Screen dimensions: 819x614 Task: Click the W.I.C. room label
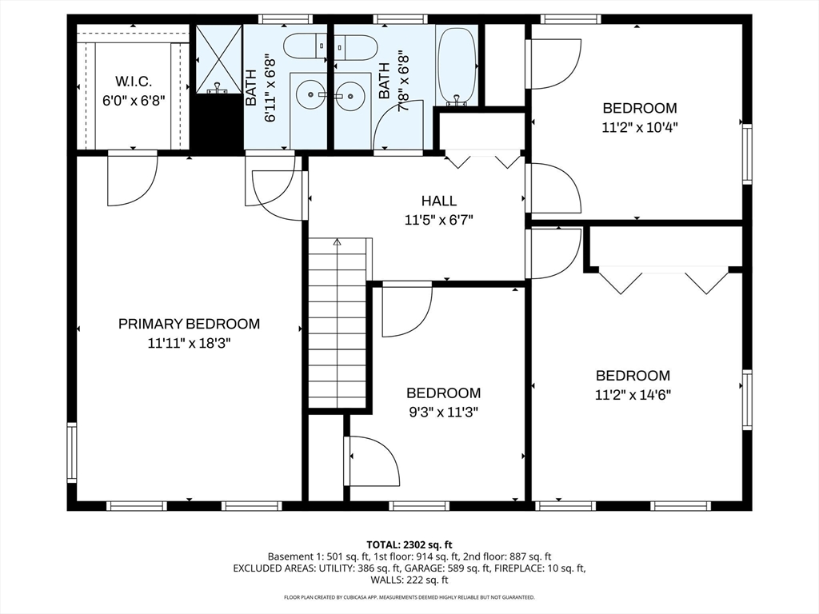click(134, 82)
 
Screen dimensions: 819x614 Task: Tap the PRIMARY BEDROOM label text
click(189, 324)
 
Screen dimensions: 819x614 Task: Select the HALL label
click(439, 201)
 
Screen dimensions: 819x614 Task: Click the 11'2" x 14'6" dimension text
click(633, 395)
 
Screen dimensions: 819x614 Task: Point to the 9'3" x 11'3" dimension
click(443, 412)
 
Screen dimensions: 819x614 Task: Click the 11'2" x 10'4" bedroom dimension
click(640, 127)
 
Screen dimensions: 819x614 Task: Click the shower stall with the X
click(219, 59)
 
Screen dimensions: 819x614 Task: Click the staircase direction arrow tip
click(337, 241)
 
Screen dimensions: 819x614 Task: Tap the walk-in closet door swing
click(133, 178)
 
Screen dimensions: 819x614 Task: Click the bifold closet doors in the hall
click(482, 160)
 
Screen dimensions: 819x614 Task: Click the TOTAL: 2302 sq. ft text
click(409, 545)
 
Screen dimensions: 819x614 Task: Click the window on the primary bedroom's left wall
click(71, 453)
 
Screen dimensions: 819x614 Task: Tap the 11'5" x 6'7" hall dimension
click(439, 220)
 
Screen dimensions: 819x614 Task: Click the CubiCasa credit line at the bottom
click(409, 597)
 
